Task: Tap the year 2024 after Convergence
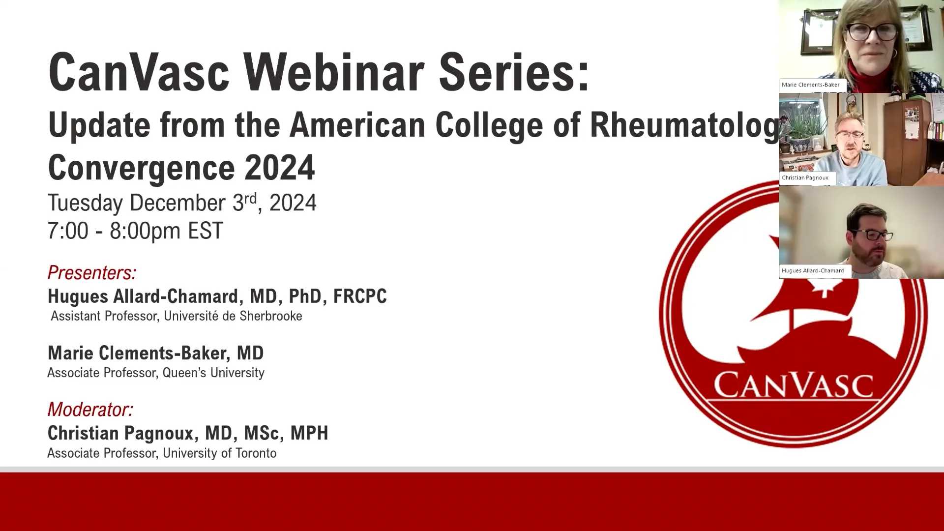(x=279, y=168)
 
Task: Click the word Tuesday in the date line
(x=85, y=203)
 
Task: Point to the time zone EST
(x=205, y=231)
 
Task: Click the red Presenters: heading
(x=91, y=272)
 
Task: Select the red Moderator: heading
(x=90, y=409)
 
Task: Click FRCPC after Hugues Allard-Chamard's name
(x=360, y=296)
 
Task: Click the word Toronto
(x=256, y=453)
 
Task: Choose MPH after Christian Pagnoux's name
(x=309, y=433)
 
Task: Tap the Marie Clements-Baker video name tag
(x=811, y=85)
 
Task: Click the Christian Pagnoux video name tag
(x=805, y=177)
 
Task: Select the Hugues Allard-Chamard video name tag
(x=813, y=270)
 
